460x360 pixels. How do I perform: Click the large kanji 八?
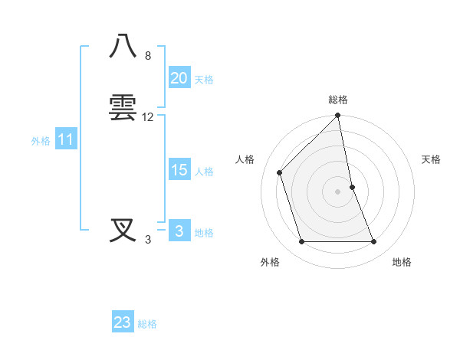coord(124,47)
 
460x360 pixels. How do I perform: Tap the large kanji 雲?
coord(124,107)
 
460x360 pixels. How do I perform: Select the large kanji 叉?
coord(124,230)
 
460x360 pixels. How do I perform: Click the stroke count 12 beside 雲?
coord(148,117)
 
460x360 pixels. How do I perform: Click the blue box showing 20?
coord(179,78)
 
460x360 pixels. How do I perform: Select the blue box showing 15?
coord(179,170)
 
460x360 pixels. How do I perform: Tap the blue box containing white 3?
coord(179,231)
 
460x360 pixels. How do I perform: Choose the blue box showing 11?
coord(65,139)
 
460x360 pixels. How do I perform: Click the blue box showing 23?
coord(122,322)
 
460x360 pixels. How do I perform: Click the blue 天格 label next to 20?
coord(204,80)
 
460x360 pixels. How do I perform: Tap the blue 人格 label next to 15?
coord(204,172)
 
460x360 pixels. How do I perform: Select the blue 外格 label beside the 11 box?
coord(41,141)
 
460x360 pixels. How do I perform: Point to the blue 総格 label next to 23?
coord(147,324)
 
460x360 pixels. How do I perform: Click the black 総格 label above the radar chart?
coord(337,100)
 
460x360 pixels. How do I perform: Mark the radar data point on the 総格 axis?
coord(337,116)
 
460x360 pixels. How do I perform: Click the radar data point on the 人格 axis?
coord(280,172)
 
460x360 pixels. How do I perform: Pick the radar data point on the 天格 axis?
coord(352,187)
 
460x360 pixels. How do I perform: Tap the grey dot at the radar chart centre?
coord(337,191)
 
